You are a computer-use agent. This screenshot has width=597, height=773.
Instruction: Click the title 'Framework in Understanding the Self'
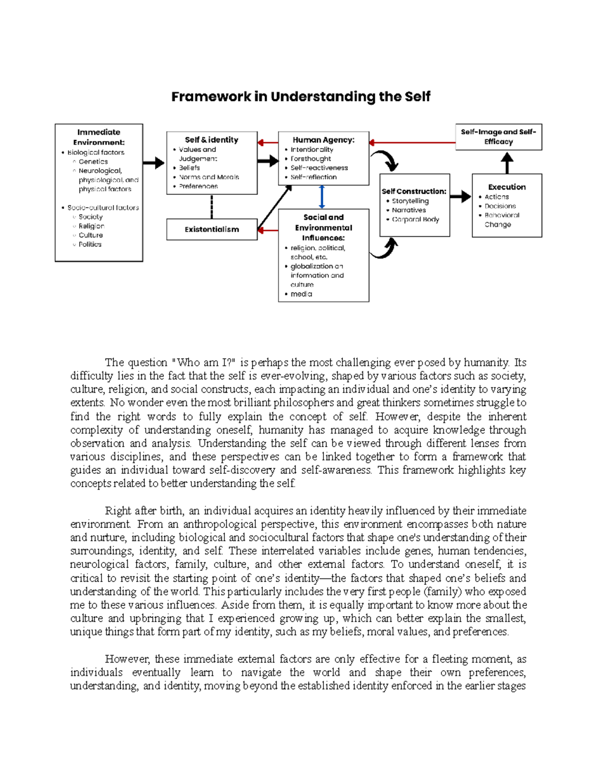300,97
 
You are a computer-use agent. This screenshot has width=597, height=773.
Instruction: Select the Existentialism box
211,229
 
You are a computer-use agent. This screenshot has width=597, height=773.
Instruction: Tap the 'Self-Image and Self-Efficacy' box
498,137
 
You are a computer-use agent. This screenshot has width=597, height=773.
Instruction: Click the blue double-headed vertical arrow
322,197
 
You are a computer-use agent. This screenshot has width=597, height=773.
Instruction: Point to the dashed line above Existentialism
212,207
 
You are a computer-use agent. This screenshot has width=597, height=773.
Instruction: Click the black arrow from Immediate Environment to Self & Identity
154,163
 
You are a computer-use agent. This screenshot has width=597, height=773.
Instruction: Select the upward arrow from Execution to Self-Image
506,162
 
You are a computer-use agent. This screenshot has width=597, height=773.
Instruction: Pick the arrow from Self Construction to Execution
461,196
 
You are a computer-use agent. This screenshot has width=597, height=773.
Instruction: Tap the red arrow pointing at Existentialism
268,230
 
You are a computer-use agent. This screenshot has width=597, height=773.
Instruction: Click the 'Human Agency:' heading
323,140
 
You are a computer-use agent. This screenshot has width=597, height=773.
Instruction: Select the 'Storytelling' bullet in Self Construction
410,201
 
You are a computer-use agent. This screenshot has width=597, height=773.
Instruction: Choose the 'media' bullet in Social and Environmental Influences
301,294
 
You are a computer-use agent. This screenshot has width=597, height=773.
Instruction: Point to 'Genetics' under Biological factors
93,162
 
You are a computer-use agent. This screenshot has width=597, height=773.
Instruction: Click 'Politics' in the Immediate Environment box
90,244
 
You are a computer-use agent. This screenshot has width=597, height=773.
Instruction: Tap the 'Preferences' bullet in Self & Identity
198,186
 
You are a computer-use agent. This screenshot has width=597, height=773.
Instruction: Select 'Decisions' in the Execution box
500,206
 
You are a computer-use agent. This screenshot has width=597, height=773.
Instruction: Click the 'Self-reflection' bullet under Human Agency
313,177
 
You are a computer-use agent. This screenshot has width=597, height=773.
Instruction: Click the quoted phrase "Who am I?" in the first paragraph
203,362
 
